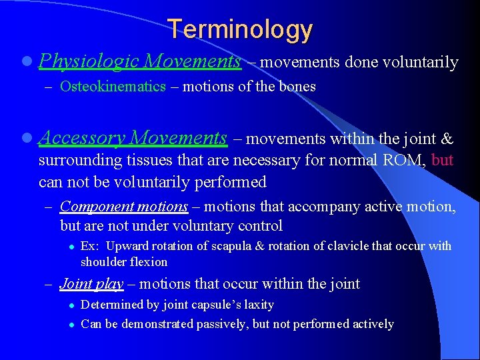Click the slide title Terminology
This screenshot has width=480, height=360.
pyautogui.click(x=240, y=29)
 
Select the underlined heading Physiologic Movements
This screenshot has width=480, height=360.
pyautogui.click(x=140, y=62)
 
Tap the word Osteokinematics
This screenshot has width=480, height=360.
pyautogui.click(x=113, y=87)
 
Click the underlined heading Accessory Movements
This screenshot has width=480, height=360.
pyautogui.click(x=133, y=138)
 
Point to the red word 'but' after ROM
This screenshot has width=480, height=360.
pyautogui.click(x=443, y=161)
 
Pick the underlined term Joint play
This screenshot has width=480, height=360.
pyautogui.click(x=91, y=284)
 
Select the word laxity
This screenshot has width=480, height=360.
pyautogui.click(x=259, y=305)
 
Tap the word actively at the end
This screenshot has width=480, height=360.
pyautogui.click(x=375, y=324)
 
